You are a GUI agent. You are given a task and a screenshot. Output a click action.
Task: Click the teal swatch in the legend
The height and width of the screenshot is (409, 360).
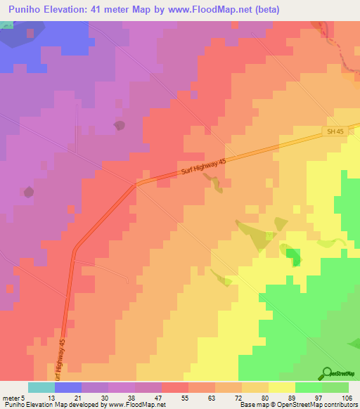click(x=41, y=387)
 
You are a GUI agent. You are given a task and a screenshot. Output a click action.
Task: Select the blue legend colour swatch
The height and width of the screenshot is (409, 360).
click(x=68, y=387)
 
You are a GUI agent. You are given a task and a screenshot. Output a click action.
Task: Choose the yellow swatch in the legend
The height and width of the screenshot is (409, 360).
click(x=282, y=387)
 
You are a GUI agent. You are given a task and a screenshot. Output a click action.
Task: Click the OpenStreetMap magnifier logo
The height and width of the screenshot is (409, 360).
click(x=326, y=373)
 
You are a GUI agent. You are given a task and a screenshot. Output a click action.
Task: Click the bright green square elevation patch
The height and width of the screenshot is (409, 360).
click(x=292, y=253)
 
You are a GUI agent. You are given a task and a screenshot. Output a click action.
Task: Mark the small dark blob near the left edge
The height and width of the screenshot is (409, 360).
click(x=28, y=192)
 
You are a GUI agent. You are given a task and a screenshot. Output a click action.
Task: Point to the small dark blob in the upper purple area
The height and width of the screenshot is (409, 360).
click(x=119, y=126)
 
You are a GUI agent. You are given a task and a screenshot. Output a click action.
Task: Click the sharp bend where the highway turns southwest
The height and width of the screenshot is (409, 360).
click(x=136, y=184)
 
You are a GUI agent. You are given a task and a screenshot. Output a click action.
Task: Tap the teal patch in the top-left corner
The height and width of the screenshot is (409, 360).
click(x=6, y=25)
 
